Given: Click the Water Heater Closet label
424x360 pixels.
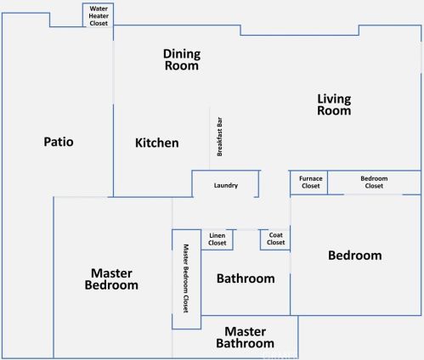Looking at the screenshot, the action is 99,16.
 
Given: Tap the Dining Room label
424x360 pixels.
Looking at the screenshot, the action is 182,59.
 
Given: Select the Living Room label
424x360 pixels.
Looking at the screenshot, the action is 334,104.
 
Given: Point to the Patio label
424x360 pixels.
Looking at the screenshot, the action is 59,142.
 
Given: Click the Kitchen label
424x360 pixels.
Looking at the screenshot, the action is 157,143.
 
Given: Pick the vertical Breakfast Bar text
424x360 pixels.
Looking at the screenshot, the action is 219,137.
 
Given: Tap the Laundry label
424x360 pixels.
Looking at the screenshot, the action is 226,185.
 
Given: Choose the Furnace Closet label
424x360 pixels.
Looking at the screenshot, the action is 311,183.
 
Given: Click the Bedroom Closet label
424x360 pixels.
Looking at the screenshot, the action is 374,183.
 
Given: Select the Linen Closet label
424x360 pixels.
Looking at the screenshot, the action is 218,239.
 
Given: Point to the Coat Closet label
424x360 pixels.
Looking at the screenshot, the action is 275,239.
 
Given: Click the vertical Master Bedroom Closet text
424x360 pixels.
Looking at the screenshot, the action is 186,278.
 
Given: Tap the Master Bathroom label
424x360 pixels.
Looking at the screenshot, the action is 245,337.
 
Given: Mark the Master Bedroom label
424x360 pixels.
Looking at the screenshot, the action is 111,279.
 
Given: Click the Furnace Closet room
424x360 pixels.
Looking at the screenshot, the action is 309,183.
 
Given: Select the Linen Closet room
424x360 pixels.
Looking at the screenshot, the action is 218,239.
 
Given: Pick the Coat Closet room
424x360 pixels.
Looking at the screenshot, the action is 275,239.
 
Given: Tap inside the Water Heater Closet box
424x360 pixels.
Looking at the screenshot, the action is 98,15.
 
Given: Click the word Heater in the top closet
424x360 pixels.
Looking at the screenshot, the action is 99,16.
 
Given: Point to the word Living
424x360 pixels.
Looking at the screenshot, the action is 334,99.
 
